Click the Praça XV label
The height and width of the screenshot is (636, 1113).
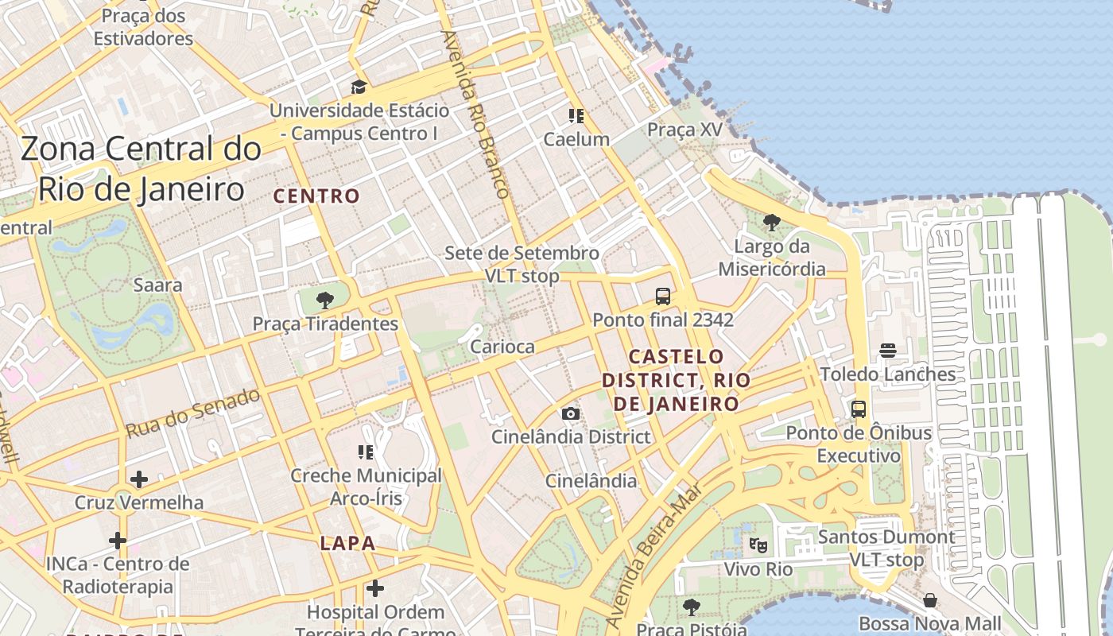(x=684, y=130)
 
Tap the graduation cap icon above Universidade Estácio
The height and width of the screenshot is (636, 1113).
(x=359, y=87)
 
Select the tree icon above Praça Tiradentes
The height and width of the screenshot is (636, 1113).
(x=324, y=300)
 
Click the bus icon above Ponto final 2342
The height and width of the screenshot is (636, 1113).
(x=662, y=297)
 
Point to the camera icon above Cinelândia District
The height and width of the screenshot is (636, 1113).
(x=570, y=413)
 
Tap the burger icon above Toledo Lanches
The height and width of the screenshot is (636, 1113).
(x=888, y=351)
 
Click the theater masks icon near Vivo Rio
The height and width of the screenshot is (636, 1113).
(x=758, y=545)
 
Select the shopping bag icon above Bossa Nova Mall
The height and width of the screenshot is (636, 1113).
(x=929, y=599)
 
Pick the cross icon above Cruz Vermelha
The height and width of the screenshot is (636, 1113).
(x=139, y=479)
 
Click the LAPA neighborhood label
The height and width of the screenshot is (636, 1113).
(x=347, y=544)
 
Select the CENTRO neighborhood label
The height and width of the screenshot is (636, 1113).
(x=316, y=196)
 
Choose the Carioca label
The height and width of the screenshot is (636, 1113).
(x=502, y=347)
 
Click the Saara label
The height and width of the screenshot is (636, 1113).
(x=157, y=285)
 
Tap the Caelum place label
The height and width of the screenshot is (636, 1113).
(x=576, y=139)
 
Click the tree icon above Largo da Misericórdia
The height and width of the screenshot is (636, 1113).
(x=770, y=223)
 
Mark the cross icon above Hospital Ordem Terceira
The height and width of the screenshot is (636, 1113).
(x=375, y=589)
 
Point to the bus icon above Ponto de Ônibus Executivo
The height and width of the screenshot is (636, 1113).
(x=859, y=409)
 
